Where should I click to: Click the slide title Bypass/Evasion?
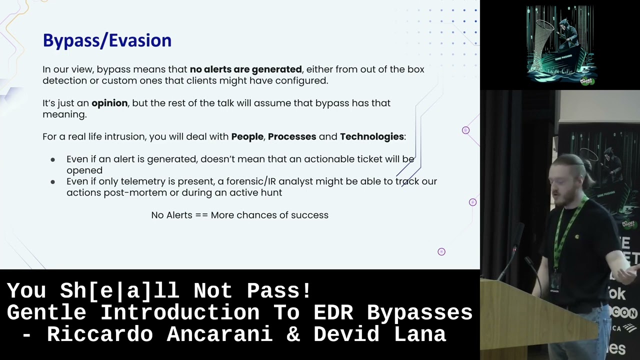pyautogui.click(x=107, y=40)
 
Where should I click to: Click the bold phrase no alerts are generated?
pyautogui.click(x=245, y=69)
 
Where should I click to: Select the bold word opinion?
pyautogui.click(x=109, y=103)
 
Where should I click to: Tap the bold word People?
pyautogui.click(x=247, y=136)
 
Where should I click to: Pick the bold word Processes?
pyautogui.click(x=292, y=136)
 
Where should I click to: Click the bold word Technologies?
pyautogui.click(x=371, y=136)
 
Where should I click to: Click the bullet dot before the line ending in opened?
pyautogui.click(x=53, y=159)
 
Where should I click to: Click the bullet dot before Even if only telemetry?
pyautogui.click(x=53, y=182)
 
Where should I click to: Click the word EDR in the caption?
pyautogui.click(x=334, y=312)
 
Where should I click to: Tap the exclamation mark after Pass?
pyautogui.click(x=306, y=290)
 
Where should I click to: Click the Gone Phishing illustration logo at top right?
pyautogui.click(x=559, y=45)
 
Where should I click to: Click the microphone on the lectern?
pyautogui.click(x=520, y=235)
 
